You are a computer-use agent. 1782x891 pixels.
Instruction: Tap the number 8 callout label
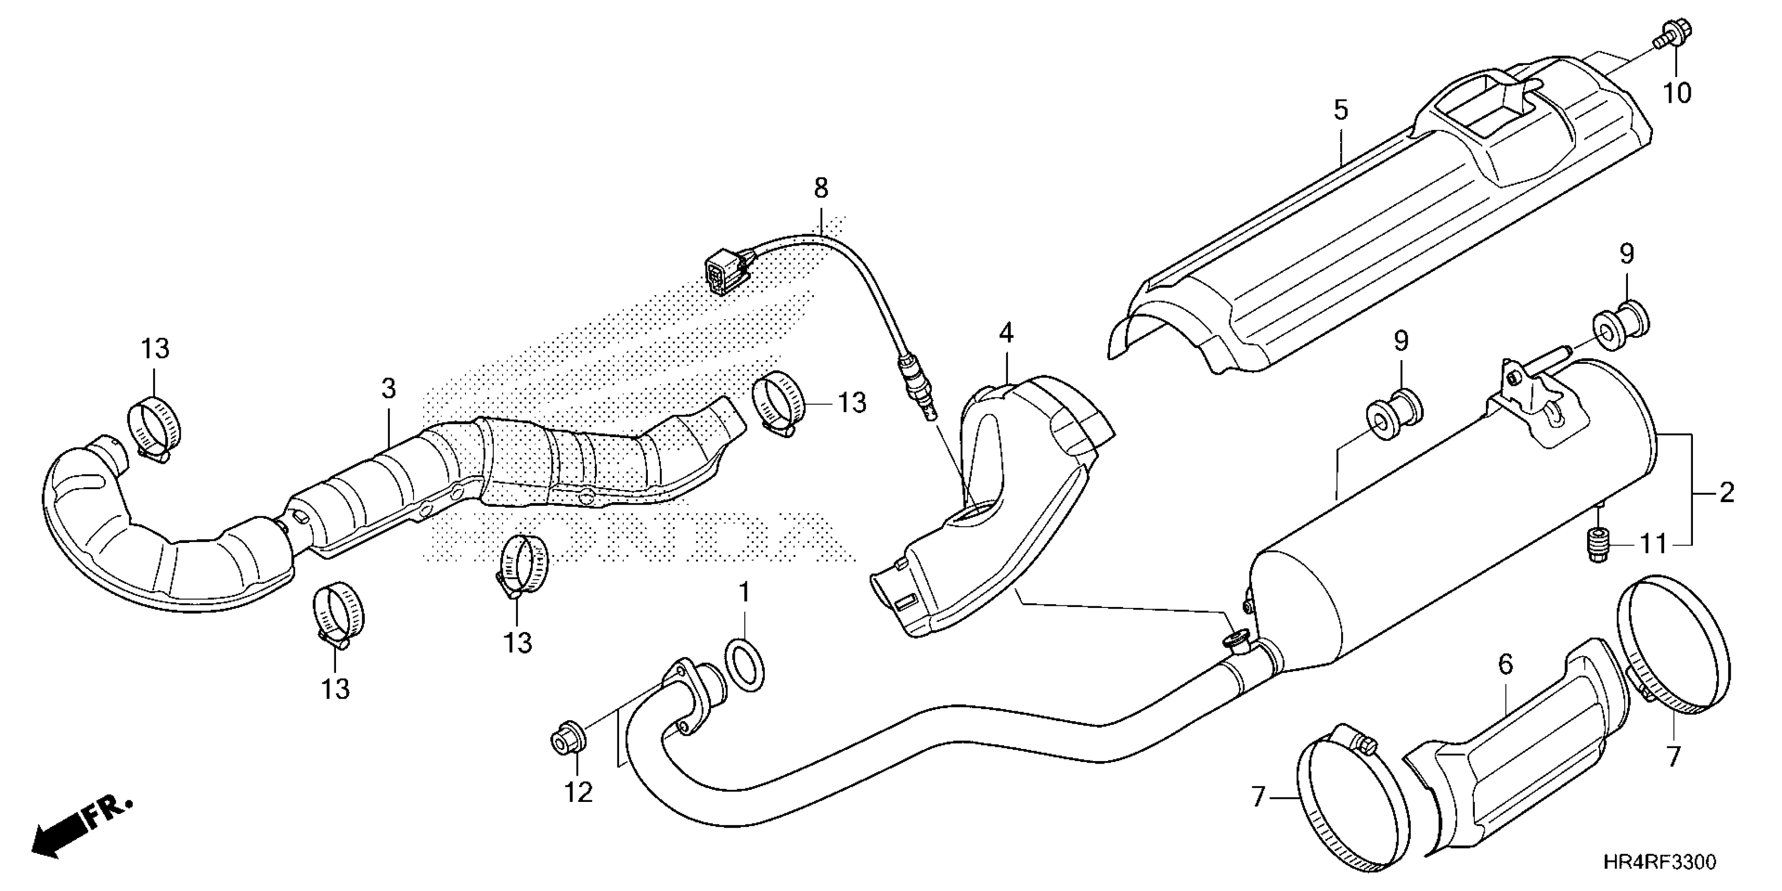click(x=820, y=188)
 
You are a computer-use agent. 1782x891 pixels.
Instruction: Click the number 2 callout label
click(x=1726, y=493)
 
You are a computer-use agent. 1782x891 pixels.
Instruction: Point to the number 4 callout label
click(x=1006, y=333)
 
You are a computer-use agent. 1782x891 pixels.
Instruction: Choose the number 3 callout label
click(x=389, y=389)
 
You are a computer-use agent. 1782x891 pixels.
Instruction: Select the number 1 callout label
click(x=744, y=592)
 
